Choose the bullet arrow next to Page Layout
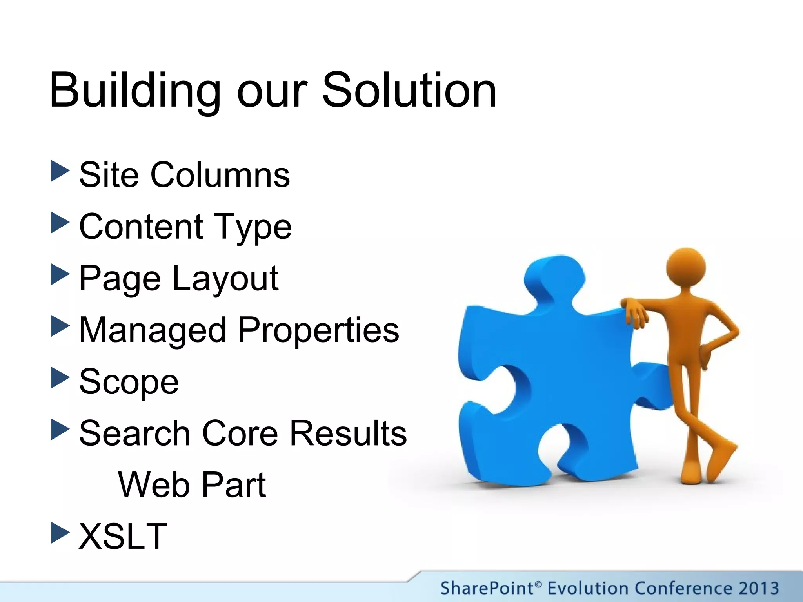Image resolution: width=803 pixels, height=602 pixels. [60, 274]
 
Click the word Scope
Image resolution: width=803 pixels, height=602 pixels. [129, 382]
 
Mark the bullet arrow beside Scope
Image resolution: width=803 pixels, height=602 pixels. [60, 378]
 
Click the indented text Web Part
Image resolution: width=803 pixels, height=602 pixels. [192, 485]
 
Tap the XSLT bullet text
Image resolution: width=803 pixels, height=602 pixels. [123, 536]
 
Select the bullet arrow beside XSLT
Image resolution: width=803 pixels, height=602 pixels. [60, 533]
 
